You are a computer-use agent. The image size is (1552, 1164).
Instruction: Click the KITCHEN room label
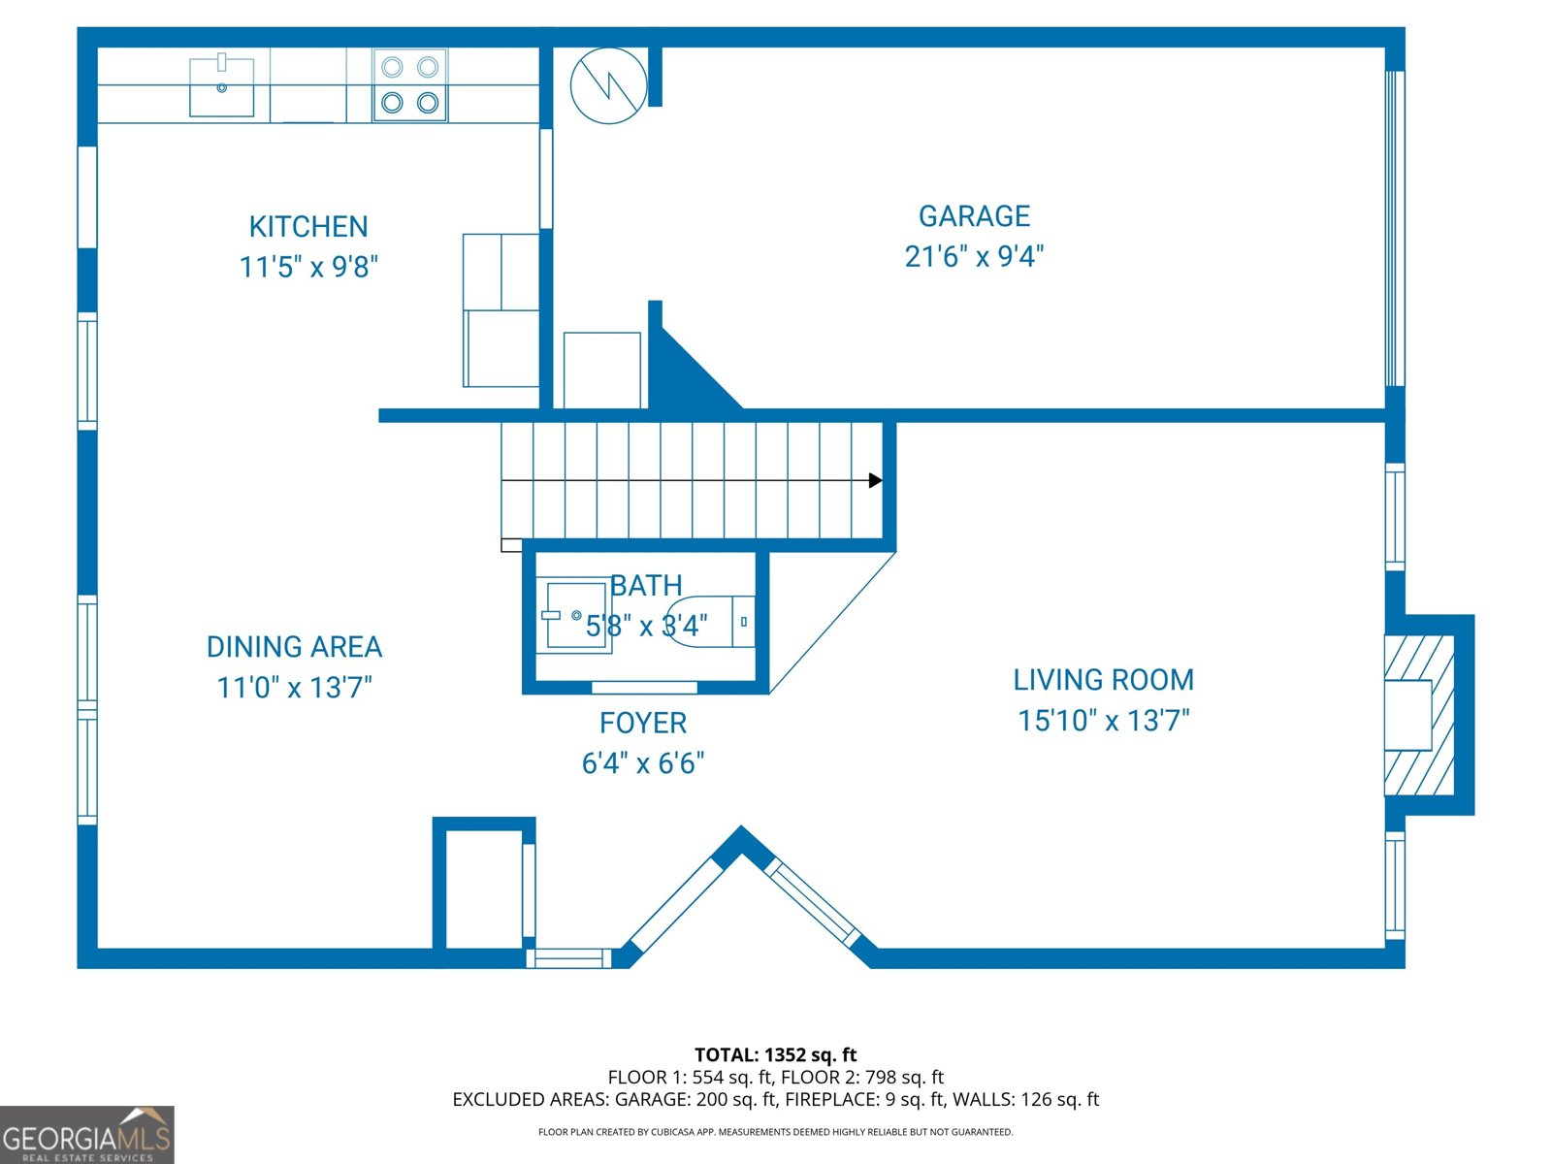point(308,227)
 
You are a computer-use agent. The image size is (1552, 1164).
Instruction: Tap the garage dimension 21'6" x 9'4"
point(974,257)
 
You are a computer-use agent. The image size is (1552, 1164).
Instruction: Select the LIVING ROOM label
point(1103,680)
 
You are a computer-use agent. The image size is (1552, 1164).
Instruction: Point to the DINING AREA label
point(294,647)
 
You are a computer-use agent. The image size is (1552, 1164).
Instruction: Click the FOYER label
point(642,724)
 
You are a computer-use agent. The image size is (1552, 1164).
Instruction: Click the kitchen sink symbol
point(222,87)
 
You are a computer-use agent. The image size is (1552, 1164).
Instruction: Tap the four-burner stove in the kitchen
point(409,85)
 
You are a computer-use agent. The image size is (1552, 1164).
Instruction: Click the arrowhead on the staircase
point(876,480)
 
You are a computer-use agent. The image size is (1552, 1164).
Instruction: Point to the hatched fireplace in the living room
point(1419,716)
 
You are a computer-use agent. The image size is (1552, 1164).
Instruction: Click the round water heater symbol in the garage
point(608,85)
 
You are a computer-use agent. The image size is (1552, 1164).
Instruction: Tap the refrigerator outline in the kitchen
point(501,310)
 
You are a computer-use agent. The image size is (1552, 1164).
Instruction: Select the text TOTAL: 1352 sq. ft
point(775,1055)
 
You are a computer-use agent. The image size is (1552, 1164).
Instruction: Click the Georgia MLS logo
point(86,1135)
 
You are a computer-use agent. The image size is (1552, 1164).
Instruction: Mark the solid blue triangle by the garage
point(684,373)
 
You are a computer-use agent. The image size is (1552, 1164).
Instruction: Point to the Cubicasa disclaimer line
point(775,1132)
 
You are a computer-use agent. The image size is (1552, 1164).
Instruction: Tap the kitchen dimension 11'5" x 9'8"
point(308,267)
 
